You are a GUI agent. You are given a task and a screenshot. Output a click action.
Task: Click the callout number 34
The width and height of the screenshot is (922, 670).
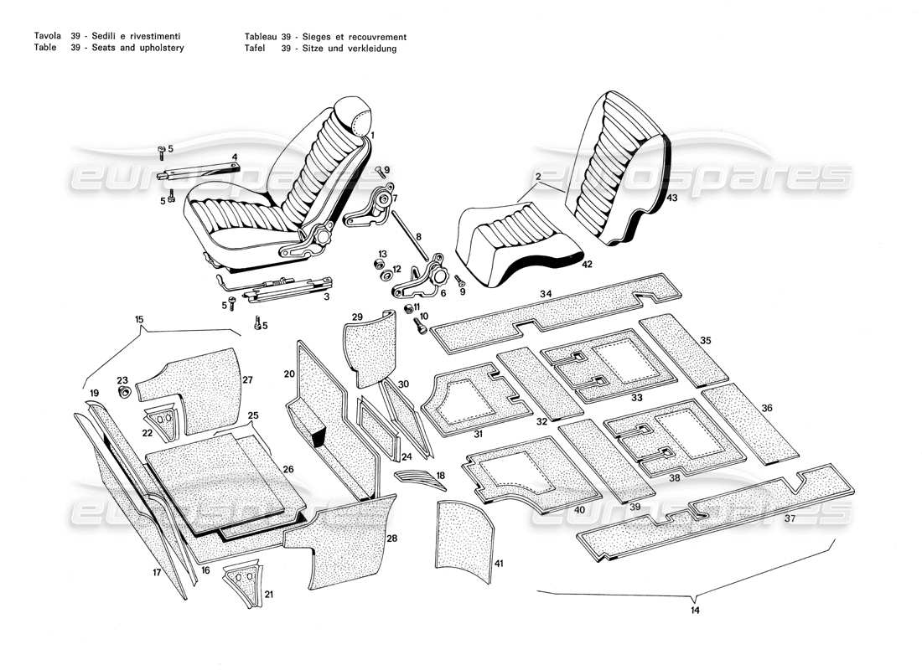[546, 294]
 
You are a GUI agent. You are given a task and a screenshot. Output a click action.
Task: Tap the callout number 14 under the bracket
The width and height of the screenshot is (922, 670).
[695, 611]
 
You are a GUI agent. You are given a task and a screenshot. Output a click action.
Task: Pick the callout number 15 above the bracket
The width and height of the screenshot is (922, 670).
[139, 319]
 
